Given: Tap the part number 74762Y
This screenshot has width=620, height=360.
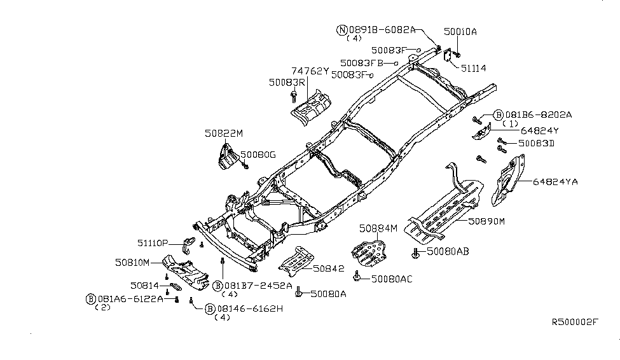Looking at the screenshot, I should point(310,71).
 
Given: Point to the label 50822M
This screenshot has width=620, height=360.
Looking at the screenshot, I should point(223,134).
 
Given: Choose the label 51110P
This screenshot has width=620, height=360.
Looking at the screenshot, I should point(153,243).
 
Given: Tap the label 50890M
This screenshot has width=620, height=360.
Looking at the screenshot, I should point(486,221).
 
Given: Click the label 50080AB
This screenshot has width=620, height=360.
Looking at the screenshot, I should point(448,252).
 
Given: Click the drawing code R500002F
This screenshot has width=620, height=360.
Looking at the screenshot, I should point(575,323).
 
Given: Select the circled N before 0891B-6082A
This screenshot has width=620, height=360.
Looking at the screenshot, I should point(342,29).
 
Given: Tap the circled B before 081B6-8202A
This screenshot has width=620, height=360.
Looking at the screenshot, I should point(499,115).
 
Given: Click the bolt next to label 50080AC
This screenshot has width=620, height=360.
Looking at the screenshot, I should point(357,277).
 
